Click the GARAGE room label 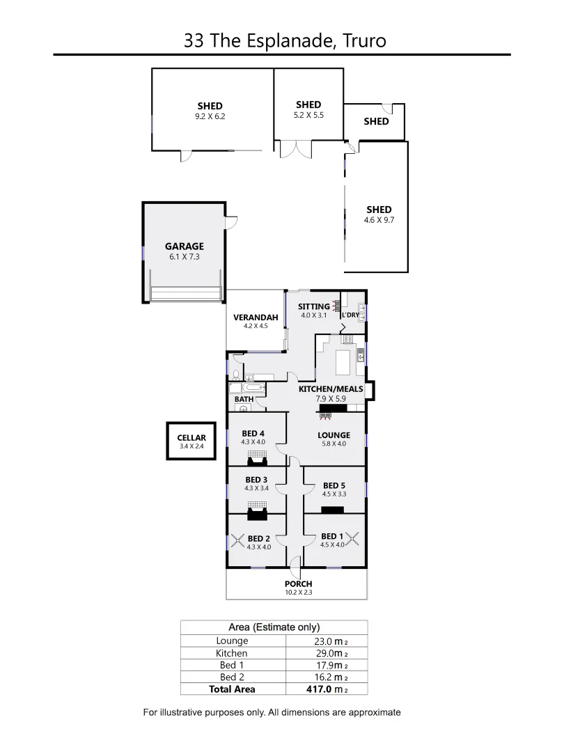[185, 246]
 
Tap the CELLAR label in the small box [191, 437]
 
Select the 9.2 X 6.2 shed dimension [210, 117]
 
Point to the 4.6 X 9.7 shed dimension [379, 220]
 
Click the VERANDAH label [256, 318]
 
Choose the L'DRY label [350, 315]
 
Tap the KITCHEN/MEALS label [331, 389]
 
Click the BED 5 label [334, 485]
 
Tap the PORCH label [298, 583]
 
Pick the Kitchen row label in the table [232, 653]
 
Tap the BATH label [244, 399]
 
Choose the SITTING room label [313, 306]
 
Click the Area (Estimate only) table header [275, 627]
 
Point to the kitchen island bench [345, 362]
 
